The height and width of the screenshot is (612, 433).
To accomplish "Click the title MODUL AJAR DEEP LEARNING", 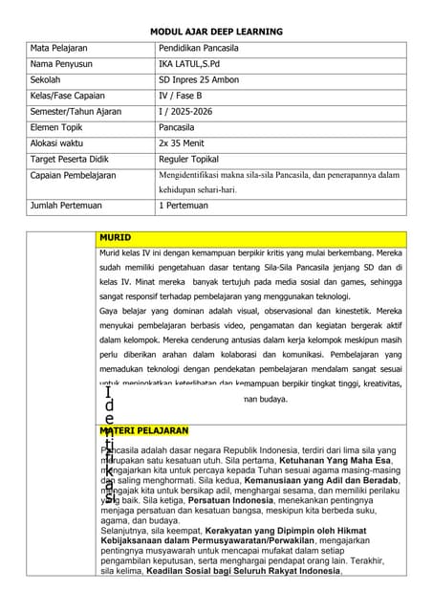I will pyautogui.click(x=216, y=32).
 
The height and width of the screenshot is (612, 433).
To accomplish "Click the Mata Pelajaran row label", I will pyautogui.click(x=60, y=48).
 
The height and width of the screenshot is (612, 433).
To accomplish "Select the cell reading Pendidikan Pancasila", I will pyautogui.click(x=199, y=48).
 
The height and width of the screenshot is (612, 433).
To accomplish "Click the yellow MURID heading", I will pyautogui.click(x=115, y=236).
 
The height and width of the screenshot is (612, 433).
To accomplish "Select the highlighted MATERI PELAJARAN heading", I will pyautogui.click(x=144, y=431).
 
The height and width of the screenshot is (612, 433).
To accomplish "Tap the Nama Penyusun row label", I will pyautogui.click(x=64, y=64).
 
